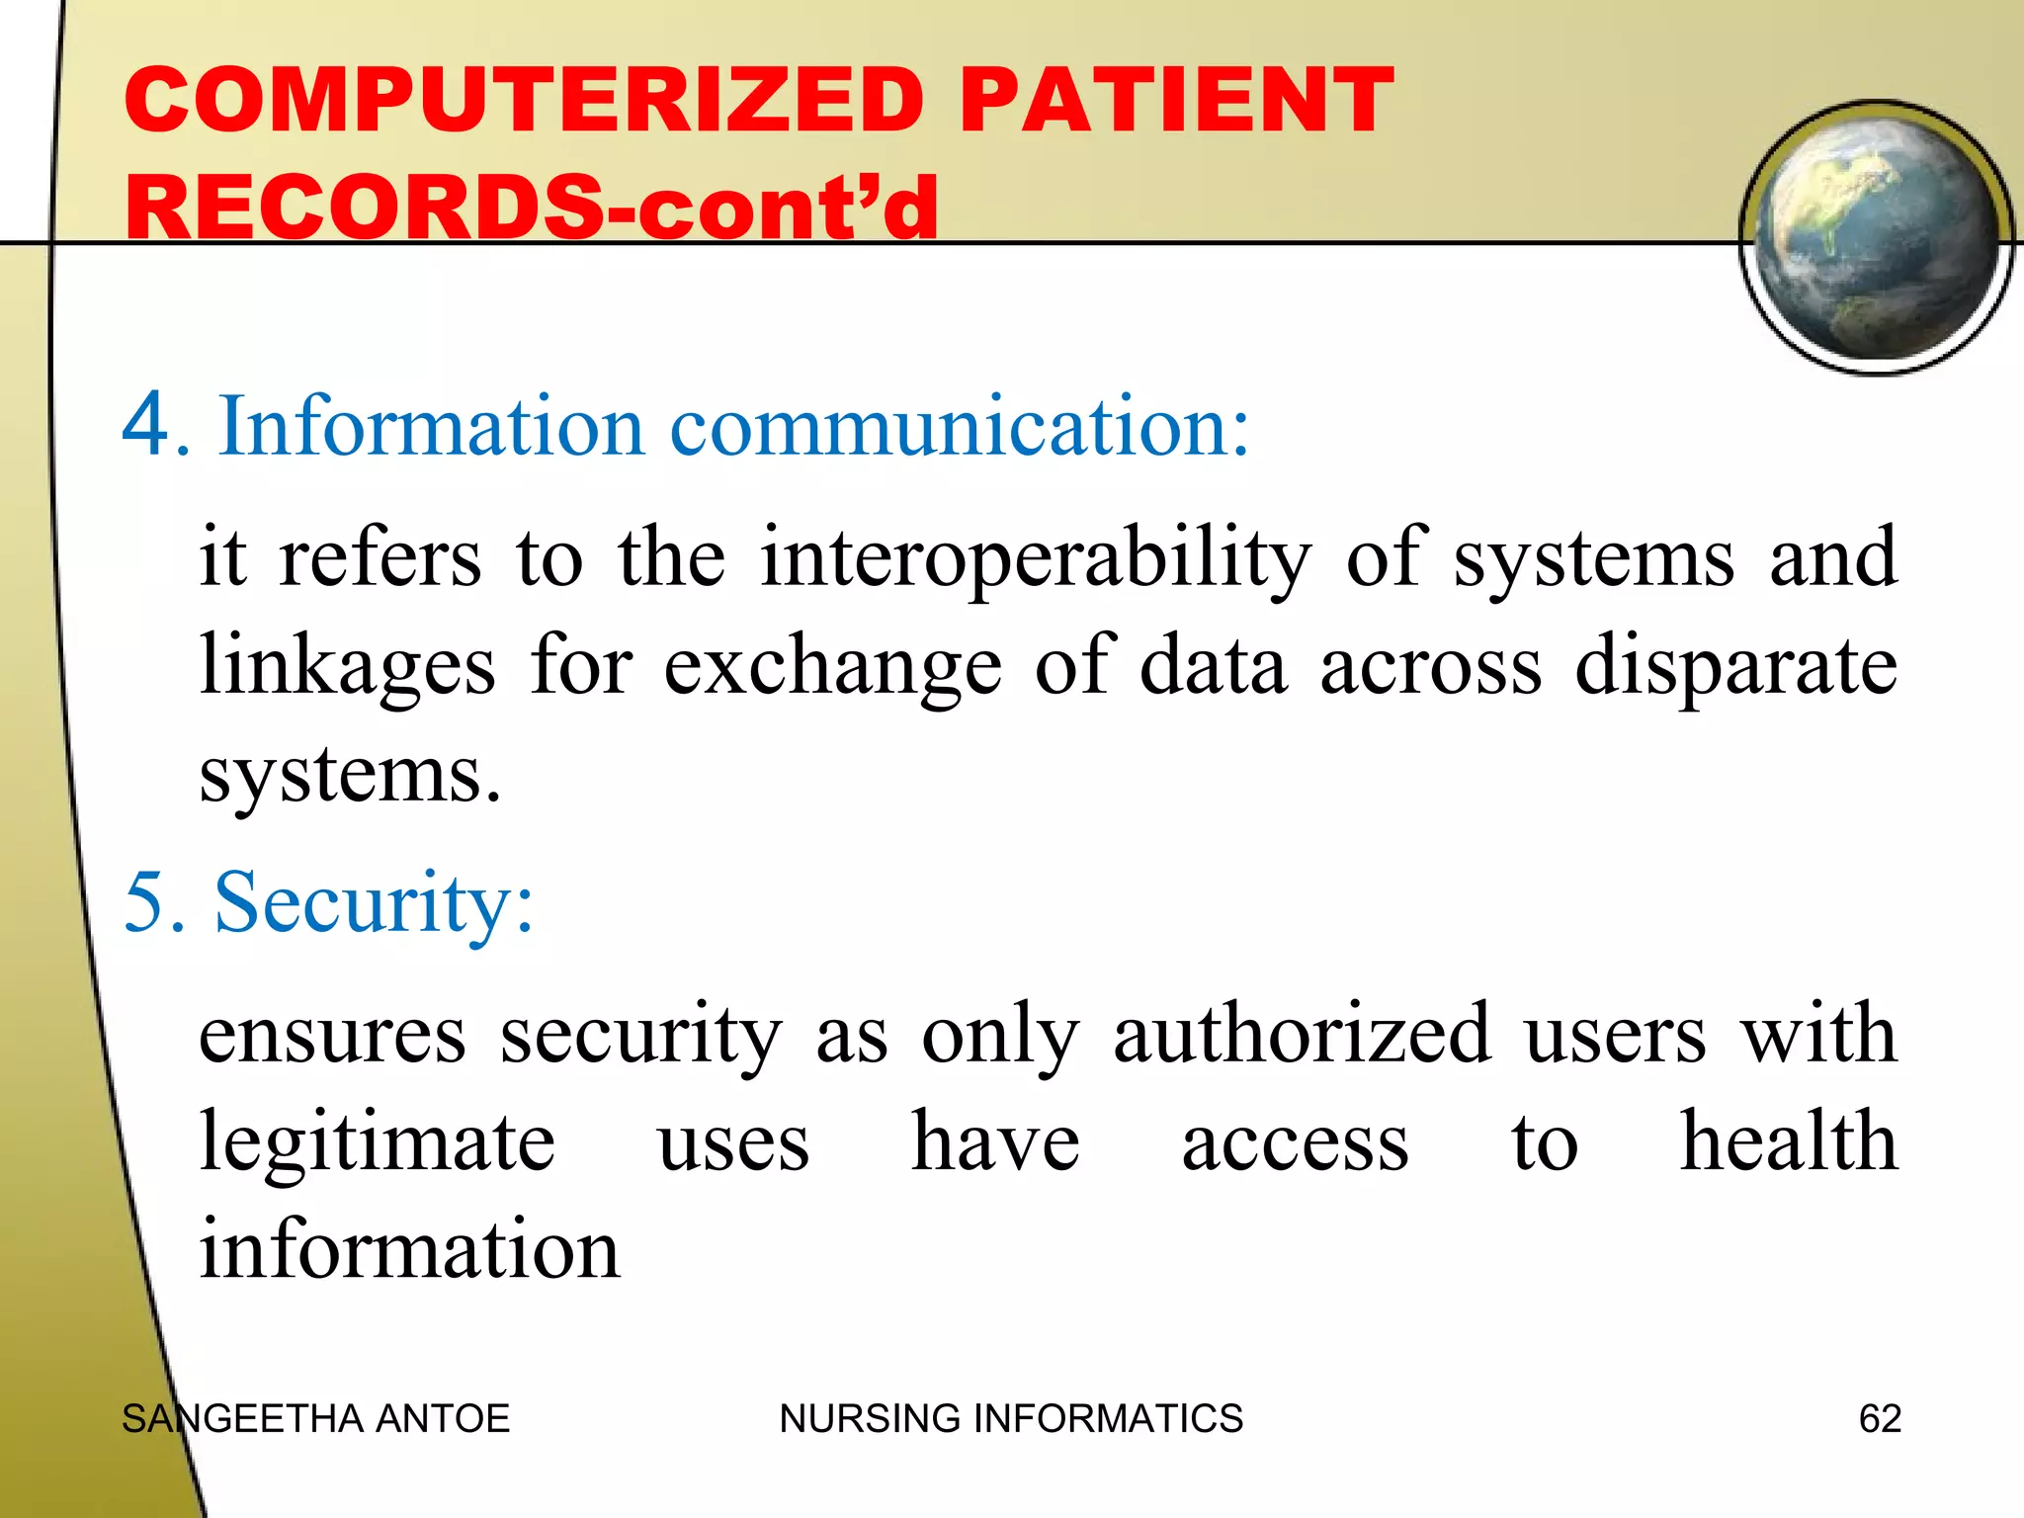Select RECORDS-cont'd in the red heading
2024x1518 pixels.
click(x=531, y=208)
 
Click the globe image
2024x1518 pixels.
click(x=1876, y=237)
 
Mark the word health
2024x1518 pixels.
click(x=1789, y=1141)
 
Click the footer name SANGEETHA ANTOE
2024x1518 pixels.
click(x=315, y=1419)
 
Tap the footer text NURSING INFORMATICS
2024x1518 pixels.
click(x=1011, y=1419)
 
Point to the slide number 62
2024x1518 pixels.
click(x=1880, y=1419)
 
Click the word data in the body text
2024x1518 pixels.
click(x=1213, y=665)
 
